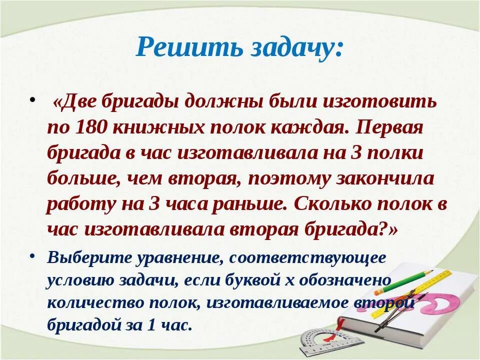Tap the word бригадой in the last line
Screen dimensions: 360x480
coord(84,325)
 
